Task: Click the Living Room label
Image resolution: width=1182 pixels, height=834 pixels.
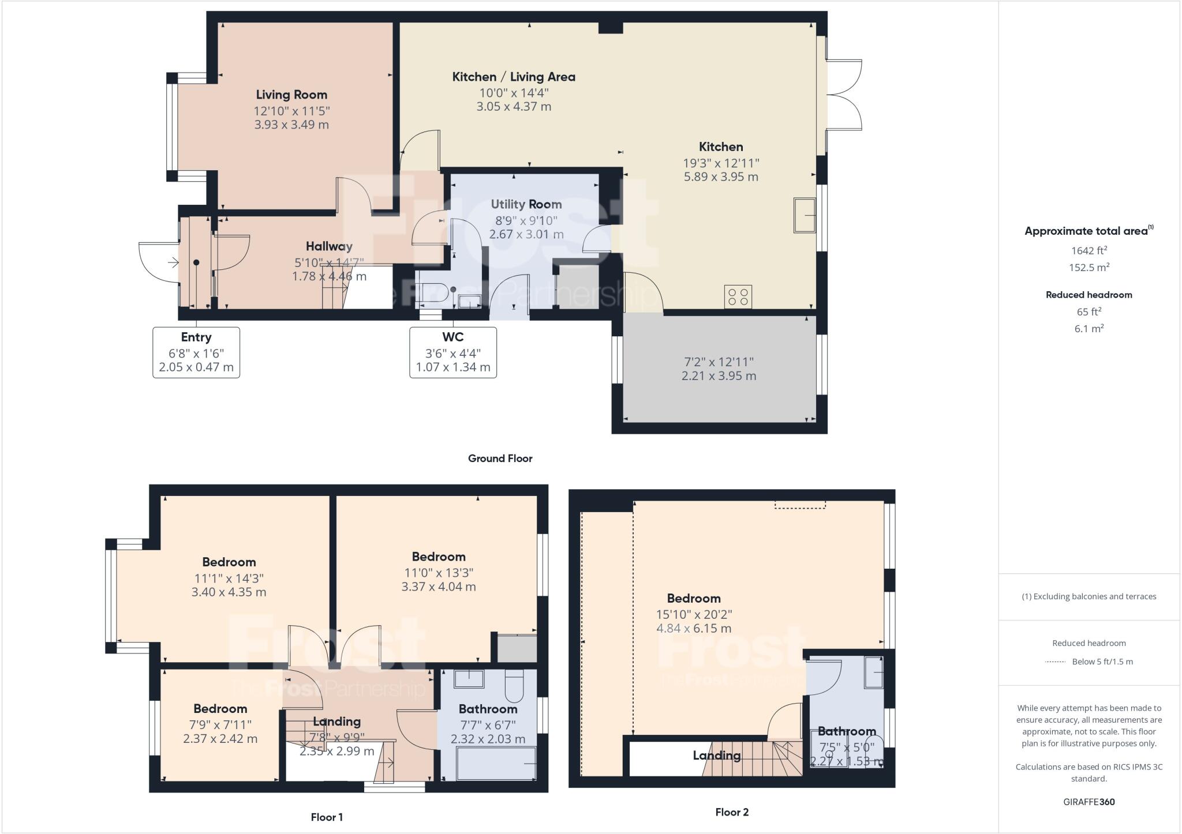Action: (x=291, y=95)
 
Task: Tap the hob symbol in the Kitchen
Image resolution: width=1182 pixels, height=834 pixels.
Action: (x=738, y=297)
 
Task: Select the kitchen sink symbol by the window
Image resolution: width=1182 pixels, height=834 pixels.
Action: (x=804, y=215)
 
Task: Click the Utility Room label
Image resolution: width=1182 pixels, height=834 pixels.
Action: (x=526, y=204)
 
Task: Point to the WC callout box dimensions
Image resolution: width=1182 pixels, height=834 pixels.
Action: (x=453, y=360)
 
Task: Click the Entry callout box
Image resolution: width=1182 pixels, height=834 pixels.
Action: (x=196, y=352)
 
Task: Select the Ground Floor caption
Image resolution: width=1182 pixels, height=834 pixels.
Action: (x=500, y=459)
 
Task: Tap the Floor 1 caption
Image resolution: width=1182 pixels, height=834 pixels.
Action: (x=327, y=817)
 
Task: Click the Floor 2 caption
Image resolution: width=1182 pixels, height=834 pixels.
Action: (x=732, y=812)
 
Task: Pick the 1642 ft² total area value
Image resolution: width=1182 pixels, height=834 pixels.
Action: (x=1089, y=250)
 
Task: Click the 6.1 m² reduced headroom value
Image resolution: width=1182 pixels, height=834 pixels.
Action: (x=1089, y=329)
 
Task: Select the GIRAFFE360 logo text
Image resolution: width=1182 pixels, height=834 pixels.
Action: (x=1089, y=802)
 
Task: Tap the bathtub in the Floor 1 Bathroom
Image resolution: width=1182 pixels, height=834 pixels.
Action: (x=496, y=764)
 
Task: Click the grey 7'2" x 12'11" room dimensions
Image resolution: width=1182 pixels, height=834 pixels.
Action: (x=719, y=369)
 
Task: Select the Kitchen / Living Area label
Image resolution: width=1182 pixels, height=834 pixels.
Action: (x=513, y=77)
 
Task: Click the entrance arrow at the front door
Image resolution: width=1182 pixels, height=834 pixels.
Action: (x=173, y=263)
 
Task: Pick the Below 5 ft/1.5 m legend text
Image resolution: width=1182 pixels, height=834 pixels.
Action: (x=1102, y=662)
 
